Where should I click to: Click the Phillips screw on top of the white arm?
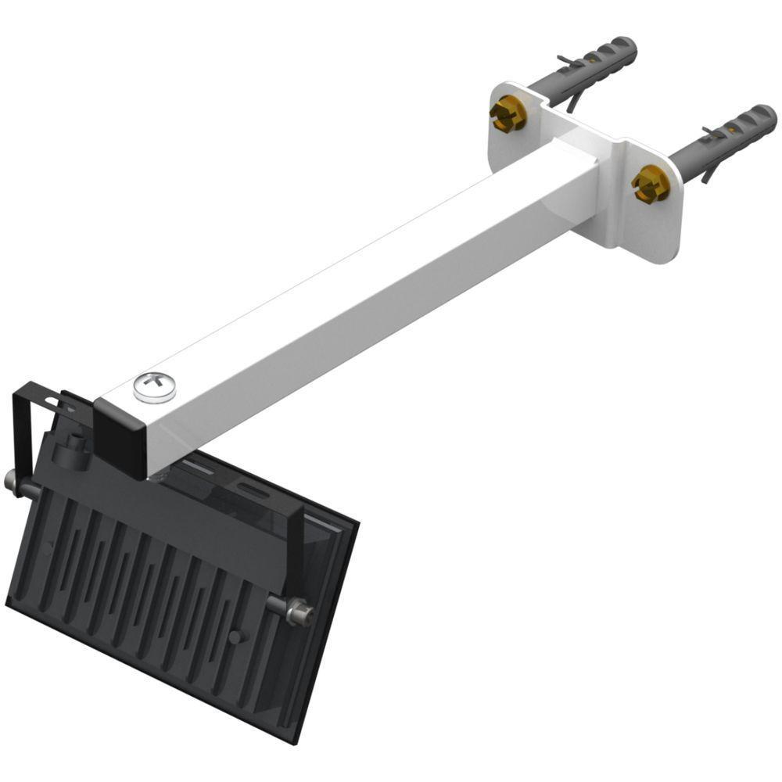pos(154,387)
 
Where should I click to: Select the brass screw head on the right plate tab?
pos(650,182)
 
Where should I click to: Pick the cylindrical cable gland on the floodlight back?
pos(74,448)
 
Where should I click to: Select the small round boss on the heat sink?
pos(234,636)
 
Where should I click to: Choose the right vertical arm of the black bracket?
pos(296,547)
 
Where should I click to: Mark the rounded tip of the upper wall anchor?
pos(626,47)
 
